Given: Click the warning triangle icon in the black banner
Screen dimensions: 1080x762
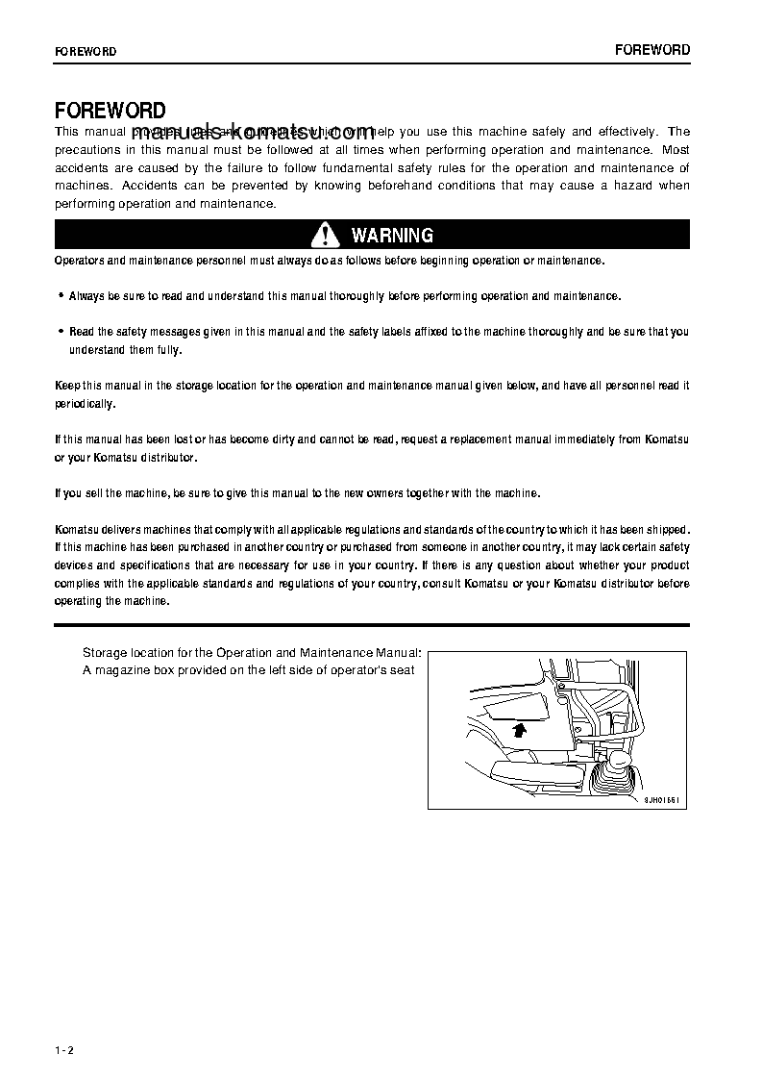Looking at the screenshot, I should tap(326, 235).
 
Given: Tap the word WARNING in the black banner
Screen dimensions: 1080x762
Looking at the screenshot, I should tap(392, 235).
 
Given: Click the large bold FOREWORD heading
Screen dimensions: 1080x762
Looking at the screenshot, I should tap(110, 111).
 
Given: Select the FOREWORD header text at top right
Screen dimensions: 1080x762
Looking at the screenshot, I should tap(652, 50).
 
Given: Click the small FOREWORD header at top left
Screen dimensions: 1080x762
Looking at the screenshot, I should tap(86, 52).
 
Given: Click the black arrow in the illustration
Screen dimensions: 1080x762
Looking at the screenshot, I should tap(519, 730).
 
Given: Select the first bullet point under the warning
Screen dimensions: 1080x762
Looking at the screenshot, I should tap(61, 296).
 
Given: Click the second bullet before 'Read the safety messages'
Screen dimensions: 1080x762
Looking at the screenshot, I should tap(61, 332).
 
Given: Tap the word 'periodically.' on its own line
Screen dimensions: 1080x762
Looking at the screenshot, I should tap(85, 404).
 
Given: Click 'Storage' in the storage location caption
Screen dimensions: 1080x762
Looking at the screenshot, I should tap(105, 652).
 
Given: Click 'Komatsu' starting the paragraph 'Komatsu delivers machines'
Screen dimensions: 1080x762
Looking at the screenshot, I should tap(77, 530).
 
